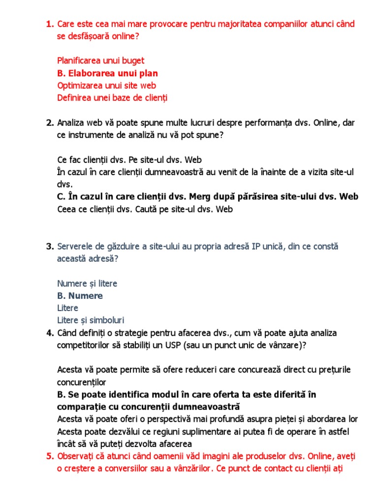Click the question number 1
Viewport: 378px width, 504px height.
click(49, 24)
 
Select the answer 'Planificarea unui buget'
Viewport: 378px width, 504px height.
click(100, 61)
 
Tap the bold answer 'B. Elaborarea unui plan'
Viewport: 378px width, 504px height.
click(107, 73)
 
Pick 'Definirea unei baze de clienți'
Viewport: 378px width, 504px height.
click(112, 98)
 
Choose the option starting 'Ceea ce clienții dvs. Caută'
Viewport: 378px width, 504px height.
click(145, 209)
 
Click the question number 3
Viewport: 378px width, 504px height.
click(49, 247)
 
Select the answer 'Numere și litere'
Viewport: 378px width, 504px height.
click(87, 284)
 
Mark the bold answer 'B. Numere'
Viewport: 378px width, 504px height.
click(80, 296)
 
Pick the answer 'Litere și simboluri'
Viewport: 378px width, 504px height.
click(91, 320)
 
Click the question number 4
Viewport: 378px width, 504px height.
click(49, 333)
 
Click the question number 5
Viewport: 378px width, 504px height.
click(49, 456)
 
